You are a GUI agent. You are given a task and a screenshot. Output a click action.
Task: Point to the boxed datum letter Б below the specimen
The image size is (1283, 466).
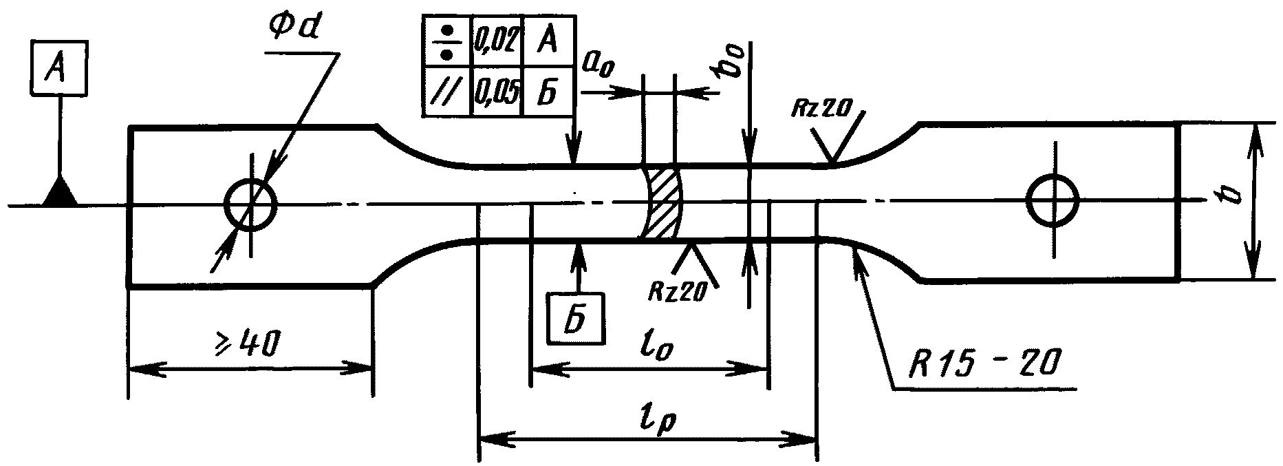(x=577, y=319)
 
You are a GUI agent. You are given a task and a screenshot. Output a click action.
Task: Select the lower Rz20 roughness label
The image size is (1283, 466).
(x=678, y=292)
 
